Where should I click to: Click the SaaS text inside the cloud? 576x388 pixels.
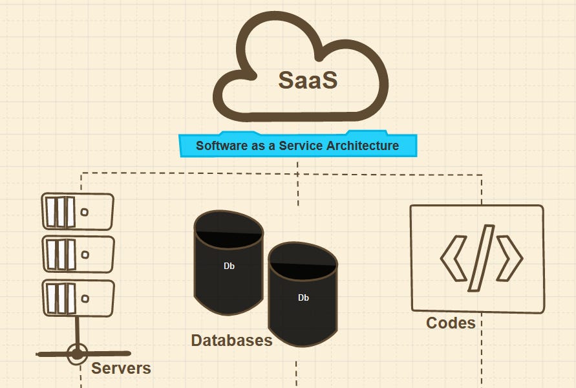(308, 80)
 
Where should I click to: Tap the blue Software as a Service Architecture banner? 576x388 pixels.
(298, 145)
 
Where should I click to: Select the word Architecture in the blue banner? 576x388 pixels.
(362, 145)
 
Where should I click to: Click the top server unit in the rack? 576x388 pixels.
(78, 211)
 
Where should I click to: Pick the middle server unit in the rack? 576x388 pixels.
(78, 254)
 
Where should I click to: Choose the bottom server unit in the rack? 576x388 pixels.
(78, 297)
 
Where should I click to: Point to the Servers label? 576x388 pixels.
(121, 369)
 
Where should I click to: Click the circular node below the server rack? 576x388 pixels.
(77, 354)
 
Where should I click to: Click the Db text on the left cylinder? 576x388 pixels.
(229, 266)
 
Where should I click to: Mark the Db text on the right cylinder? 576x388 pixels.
(303, 297)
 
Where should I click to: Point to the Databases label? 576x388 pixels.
(231, 340)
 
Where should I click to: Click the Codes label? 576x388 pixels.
(451, 322)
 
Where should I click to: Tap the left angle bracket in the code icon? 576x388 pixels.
(454, 257)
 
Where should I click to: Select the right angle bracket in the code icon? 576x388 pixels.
(509, 258)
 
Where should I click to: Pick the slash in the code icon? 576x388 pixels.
(482, 257)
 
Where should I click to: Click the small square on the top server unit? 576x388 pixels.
(84, 211)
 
